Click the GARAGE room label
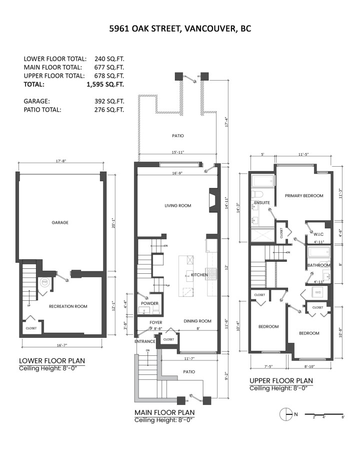(x=59, y=222)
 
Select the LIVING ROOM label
(x=178, y=206)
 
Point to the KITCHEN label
(x=199, y=275)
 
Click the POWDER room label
(x=149, y=303)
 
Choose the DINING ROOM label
(x=197, y=321)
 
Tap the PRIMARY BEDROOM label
(x=304, y=196)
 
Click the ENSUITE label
(x=262, y=203)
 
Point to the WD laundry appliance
(x=318, y=292)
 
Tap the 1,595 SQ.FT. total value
(x=105, y=85)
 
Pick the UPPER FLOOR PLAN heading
(x=281, y=380)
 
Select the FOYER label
(x=156, y=322)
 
